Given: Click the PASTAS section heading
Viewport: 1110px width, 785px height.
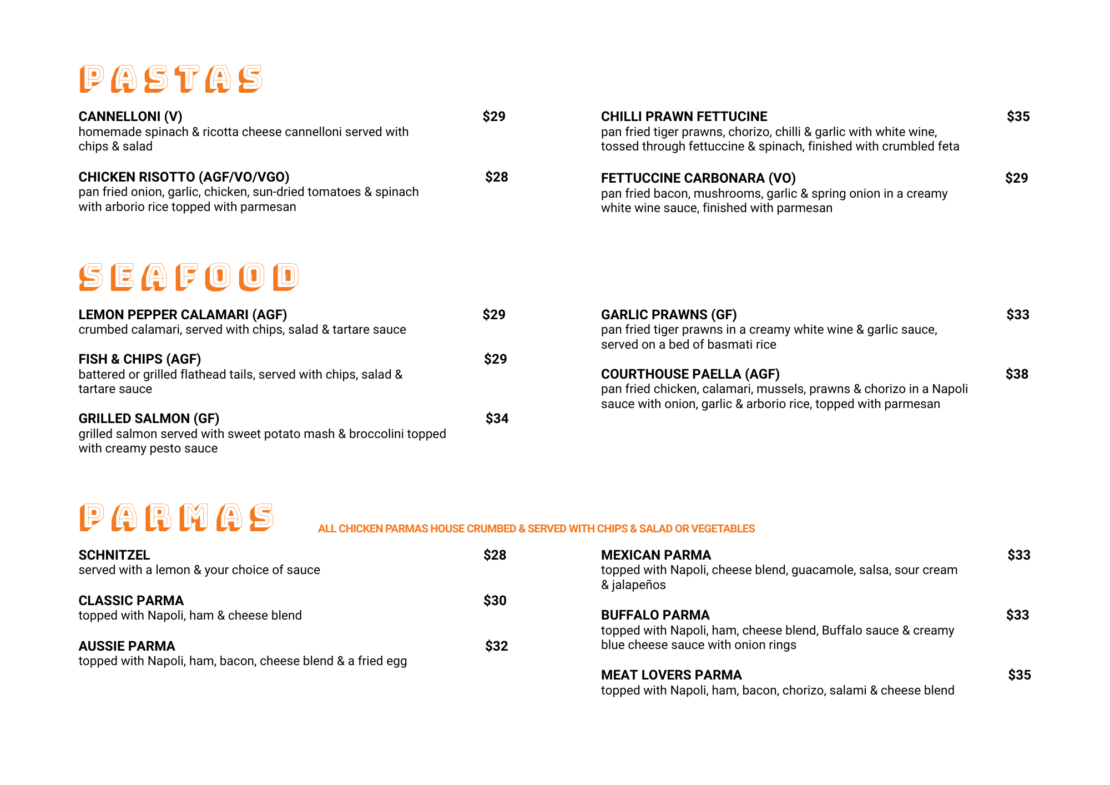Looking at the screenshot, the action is pyautogui.click(x=170, y=79).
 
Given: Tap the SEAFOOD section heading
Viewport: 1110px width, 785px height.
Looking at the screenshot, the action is pyautogui.click(x=189, y=276).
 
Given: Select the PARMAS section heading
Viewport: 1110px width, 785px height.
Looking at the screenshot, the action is pyautogui.click(x=176, y=517).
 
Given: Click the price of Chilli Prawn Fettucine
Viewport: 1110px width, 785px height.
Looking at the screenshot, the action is pyautogui.click(x=1018, y=117).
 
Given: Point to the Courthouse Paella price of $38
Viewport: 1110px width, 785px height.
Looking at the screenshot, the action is pyautogui.click(x=1017, y=374).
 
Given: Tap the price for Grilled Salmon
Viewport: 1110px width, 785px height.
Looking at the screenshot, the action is pyautogui.click(x=497, y=419).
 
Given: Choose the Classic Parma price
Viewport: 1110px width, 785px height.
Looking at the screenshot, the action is pyautogui.click(x=495, y=601).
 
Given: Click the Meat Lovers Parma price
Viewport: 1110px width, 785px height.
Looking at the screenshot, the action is pyautogui.click(x=1020, y=675).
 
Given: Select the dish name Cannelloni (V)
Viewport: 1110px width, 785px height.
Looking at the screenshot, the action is pyautogui.click(x=130, y=117).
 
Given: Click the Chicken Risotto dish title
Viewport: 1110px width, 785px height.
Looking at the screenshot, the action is pyautogui.click(x=184, y=177).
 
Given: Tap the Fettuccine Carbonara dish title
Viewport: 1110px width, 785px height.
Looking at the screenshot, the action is pyautogui.click(x=698, y=178).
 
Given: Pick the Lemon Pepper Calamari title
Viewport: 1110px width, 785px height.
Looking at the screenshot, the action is pyautogui.click(x=183, y=315).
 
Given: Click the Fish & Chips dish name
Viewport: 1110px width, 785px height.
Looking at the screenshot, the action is pyautogui.click(x=140, y=359).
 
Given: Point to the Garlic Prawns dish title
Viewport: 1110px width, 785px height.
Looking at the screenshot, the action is pyautogui.click(x=669, y=315).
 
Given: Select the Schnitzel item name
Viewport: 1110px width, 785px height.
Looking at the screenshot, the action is pyautogui.click(x=114, y=555).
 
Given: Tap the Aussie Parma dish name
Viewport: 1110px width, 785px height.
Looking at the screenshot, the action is pyautogui.click(x=127, y=646).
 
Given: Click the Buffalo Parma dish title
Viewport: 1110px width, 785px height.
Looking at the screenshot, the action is pyautogui.click(x=655, y=615).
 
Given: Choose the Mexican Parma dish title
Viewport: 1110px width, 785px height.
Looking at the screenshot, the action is pyautogui.click(x=656, y=555).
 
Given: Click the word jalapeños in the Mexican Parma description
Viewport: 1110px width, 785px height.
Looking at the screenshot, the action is pyautogui.click(x=639, y=585).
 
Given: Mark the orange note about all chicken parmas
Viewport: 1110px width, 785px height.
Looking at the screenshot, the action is pyautogui.click(x=536, y=529).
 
